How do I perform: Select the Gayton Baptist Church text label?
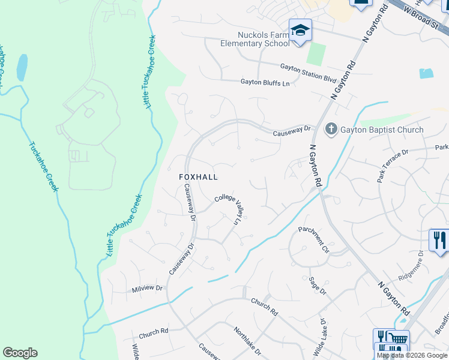click(382, 130)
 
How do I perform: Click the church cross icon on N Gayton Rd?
click(331, 129)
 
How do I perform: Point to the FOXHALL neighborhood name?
click(198, 178)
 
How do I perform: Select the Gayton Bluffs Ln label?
click(265, 83)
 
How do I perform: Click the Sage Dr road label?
click(317, 285)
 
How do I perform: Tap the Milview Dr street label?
click(147, 289)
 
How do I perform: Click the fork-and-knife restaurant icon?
click(439, 240)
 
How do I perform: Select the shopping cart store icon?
click(396, 339)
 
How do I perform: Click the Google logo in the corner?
click(20, 353)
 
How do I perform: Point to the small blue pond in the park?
click(22, 68)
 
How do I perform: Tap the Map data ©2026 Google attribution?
click(412, 355)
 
